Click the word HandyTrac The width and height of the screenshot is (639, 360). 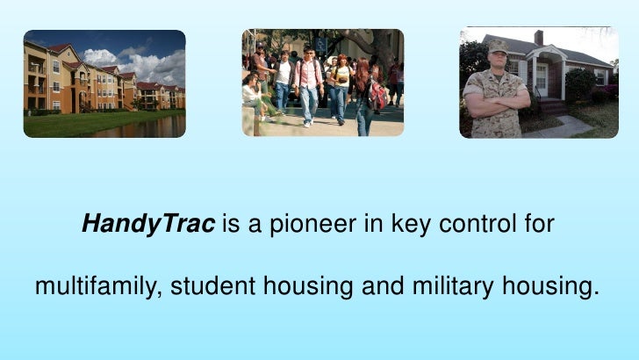click(147, 225)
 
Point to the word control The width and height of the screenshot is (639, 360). click(448, 225)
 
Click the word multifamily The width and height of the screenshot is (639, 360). click(95, 286)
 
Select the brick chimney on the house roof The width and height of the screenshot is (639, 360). click(538, 38)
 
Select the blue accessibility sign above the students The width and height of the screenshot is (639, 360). click(321, 43)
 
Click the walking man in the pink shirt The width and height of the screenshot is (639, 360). click(308, 83)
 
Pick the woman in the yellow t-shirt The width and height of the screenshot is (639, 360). click(341, 83)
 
